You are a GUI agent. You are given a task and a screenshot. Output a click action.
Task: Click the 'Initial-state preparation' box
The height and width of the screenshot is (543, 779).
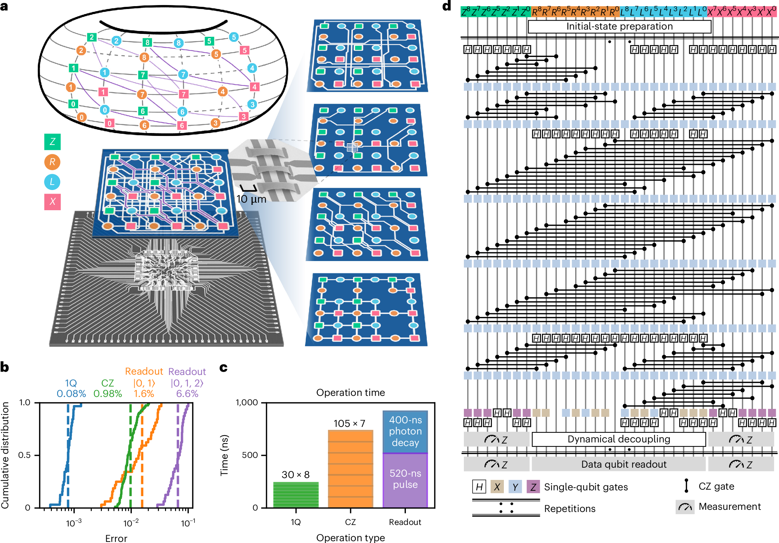(x=619, y=26)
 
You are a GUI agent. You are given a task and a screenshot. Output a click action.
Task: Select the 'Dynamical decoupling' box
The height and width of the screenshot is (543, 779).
(x=618, y=439)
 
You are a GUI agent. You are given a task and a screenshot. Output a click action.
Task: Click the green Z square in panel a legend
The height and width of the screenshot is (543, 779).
(x=53, y=142)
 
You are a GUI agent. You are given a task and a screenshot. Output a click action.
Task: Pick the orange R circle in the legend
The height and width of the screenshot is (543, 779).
(x=52, y=162)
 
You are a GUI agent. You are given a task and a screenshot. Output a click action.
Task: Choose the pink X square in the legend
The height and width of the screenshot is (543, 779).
(x=53, y=202)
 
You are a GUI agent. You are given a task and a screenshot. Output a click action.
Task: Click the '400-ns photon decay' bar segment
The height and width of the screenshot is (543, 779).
(x=405, y=431)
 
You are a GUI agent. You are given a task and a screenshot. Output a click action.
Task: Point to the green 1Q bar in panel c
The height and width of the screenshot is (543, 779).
(x=296, y=495)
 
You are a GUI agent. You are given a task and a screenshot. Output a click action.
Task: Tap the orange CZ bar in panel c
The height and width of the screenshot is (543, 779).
(x=350, y=469)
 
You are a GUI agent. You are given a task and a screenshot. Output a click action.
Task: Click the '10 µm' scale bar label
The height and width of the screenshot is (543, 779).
(x=251, y=199)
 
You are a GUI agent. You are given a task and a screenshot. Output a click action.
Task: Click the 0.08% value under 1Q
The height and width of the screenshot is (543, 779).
(x=71, y=393)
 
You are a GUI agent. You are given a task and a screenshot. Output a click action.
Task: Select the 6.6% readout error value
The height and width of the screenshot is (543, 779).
(x=187, y=393)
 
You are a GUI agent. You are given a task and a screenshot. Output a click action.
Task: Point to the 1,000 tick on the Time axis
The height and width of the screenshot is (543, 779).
(x=247, y=402)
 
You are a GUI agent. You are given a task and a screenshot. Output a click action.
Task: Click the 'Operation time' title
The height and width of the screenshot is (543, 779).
(x=350, y=392)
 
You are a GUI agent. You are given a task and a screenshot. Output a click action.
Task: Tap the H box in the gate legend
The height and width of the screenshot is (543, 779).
(x=479, y=487)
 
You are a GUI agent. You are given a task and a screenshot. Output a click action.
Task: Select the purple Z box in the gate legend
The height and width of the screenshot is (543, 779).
(x=533, y=487)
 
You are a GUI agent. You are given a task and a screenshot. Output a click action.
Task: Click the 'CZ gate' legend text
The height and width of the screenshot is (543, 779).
(x=716, y=486)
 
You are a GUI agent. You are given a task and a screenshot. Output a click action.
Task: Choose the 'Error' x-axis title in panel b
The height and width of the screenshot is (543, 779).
(x=116, y=538)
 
